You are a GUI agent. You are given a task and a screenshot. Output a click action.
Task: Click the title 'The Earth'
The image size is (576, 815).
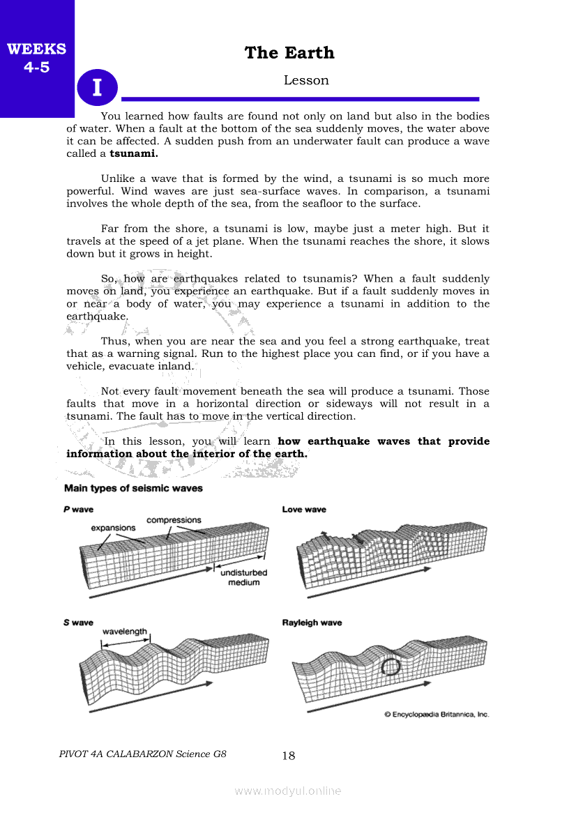pyautogui.click(x=289, y=53)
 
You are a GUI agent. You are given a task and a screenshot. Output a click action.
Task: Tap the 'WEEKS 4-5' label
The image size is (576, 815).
pyautogui.click(x=36, y=59)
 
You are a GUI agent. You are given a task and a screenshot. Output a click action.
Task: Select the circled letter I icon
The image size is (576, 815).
pyautogui.click(x=97, y=88)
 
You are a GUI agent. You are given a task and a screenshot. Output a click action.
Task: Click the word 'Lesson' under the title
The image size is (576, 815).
pyautogui.click(x=306, y=80)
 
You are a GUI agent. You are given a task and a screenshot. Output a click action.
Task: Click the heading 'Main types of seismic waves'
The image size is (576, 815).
pyautogui.click(x=133, y=488)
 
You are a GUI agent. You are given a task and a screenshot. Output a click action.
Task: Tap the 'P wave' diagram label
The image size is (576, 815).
pyautogui.click(x=78, y=510)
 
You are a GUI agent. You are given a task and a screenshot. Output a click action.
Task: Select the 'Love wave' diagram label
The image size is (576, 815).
pyautogui.click(x=304, y=510)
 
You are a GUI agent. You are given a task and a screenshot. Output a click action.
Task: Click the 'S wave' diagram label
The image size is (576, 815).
pyautogui.click(x=78, y=623)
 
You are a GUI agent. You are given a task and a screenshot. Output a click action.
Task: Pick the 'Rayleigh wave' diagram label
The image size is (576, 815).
pyautogui.click(x=312, y=623)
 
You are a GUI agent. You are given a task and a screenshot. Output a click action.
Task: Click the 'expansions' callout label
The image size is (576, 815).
pyautogui.click(x=113, y=528)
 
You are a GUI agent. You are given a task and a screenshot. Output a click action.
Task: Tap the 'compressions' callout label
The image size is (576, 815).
pyautogui.click(x=174, y=520)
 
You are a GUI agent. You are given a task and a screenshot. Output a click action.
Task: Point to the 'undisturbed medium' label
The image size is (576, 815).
pyautogui.click(x=243, y=577)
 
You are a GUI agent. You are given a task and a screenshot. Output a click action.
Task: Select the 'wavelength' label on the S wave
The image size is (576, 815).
pyautogui.click(x=125, y=632)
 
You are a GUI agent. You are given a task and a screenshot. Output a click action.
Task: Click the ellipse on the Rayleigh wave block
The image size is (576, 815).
pyautogui.click(x=392, y=667)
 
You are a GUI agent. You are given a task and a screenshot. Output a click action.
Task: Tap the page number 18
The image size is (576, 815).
pyautogui.click(x=289, y=756)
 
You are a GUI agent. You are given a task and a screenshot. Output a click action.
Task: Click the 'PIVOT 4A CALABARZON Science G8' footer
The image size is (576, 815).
pyautogui.click(x=143, y=754)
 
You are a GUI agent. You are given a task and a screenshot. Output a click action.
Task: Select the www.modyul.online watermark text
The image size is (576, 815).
pyautogui.click(x=288, y=791)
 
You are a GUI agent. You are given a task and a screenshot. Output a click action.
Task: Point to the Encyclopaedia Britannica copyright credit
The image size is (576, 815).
pyautogui.click(x=437, y=714)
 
